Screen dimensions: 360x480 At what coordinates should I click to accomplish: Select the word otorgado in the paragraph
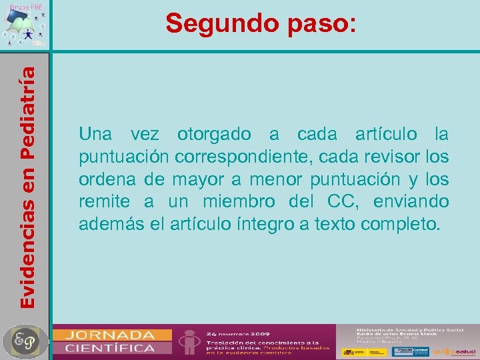click(214, 135)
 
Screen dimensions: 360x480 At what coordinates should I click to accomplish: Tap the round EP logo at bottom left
click(25, 341)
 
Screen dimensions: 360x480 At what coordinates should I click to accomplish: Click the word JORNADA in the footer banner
click(113, 335)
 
